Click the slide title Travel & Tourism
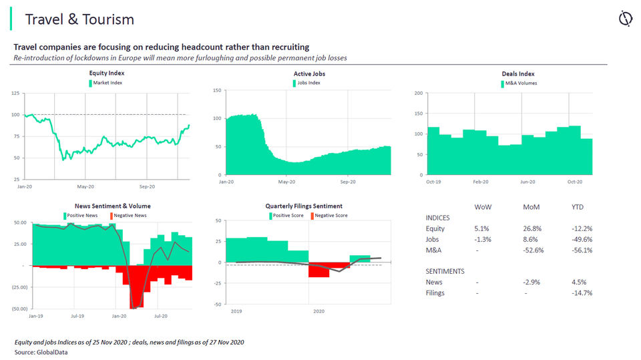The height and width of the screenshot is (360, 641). (x=79, y=19)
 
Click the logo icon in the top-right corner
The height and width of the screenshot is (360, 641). (x=626, y=19)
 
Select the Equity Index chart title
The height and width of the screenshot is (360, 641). (x=107, y=73)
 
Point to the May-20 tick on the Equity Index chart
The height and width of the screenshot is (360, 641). (x=85, y=186)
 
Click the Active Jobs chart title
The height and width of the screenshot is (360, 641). (x=309, y=73)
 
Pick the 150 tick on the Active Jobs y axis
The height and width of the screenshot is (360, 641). (x=217, y=89)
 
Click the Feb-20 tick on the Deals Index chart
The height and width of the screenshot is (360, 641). (x=481, y=182)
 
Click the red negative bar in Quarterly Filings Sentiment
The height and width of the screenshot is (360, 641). (x=318, y=270)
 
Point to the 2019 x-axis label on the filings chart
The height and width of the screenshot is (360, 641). (x=237, y=311)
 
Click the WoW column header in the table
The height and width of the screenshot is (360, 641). (x=483, y=207)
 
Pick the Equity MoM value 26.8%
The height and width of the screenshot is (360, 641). (x=532, y=228)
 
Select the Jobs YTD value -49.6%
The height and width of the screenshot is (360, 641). (x=582, y=239)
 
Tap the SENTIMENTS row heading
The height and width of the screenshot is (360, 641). (x=445, y=271)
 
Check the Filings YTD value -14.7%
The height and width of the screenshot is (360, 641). (x=582, y=293)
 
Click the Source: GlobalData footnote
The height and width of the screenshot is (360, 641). (x=41, y=352)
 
